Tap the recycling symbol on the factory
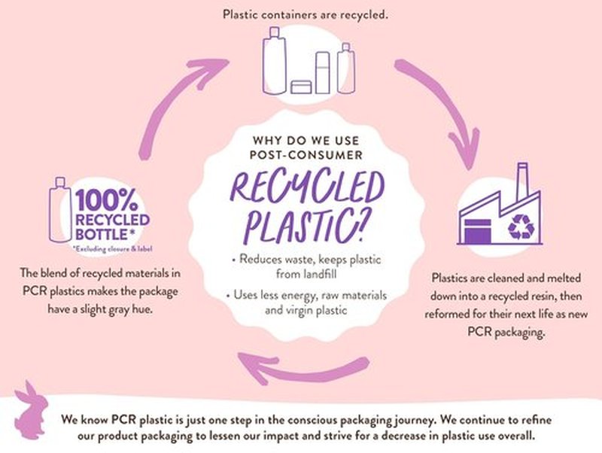(x=521, y=227)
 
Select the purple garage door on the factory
(x=478, y=231)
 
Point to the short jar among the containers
(x=301, y=87)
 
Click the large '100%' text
(x=106, y=200)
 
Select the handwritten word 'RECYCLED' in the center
(x=307, y=188)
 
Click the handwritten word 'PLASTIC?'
(x=306, y=227)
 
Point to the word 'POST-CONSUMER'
(x=306, y=155)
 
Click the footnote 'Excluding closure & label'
(x=112, y=249)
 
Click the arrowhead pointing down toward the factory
(x=465, y=150)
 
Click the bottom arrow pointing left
(x=303, y=369)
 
